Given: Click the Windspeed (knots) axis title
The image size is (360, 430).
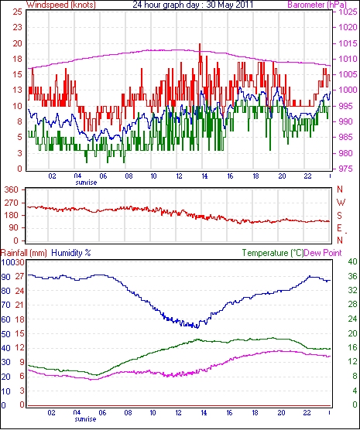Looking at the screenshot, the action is [x=60, y=5].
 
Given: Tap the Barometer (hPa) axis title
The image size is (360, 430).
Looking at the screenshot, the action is [x=317, y=5].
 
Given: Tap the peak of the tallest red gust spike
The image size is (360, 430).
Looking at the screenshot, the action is [x=200, y=44].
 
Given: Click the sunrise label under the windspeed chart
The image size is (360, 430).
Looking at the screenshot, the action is [x=86, y=183].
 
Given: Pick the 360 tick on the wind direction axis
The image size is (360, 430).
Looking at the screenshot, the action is [x=12, y=189].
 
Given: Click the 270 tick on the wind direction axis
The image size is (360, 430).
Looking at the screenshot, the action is [x=12, y=203].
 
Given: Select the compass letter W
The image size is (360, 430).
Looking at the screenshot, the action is [x=341, y=203].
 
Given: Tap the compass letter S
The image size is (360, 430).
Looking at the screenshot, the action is [x=340, y=216].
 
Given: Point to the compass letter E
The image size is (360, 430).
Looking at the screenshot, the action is [x=340, y=228].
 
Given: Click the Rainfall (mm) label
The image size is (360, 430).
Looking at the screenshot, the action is [x=24, y=253].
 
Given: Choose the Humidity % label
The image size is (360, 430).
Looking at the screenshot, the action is [x=71, y=253].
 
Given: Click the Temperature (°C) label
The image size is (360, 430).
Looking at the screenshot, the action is [x=273, y=253].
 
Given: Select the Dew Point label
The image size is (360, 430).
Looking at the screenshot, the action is [x=323, y=253].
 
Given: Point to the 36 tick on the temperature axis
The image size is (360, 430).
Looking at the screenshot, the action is [x=352, y=276].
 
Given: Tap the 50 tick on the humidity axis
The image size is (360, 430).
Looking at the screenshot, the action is [x=5, y=334].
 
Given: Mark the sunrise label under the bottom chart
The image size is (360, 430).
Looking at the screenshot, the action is [x=85, y=419].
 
